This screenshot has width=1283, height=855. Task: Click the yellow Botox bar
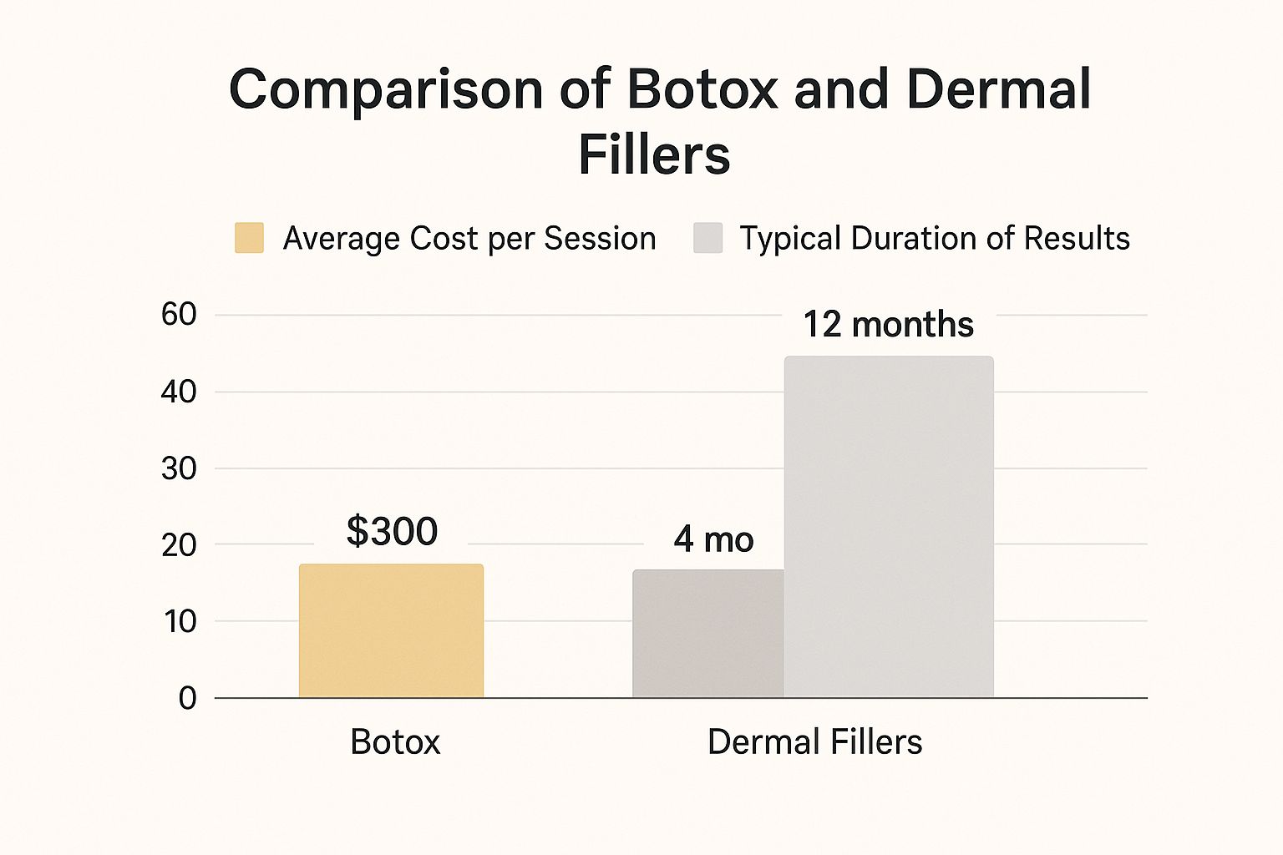pos(391,630)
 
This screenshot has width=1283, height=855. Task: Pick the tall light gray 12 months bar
pos(889,526)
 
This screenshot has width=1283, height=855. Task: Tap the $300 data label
pos(392,531)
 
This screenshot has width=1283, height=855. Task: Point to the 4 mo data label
pos(713,539)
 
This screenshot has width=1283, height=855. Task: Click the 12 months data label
pos(888,324)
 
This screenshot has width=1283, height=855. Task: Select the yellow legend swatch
pos(249,238)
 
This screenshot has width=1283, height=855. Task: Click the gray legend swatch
pos(707,238)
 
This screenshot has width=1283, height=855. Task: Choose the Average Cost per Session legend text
pos(469,239)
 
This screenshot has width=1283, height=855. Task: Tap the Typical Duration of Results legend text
pos(935,239)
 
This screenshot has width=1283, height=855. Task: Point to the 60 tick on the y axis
pos(179,315)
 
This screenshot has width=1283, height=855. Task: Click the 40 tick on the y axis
pos(179,392)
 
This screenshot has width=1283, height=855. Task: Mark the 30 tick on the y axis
pos(179,468)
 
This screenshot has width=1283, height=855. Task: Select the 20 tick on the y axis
pos(179,544)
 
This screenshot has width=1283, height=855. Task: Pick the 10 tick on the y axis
pos(180,621)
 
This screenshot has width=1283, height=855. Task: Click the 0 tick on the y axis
pos(187,698)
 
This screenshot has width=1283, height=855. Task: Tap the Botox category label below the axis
pos(395,741)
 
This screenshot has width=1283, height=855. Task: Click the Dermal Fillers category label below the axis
pos(814,741)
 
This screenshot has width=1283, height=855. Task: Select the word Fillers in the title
pos(654,154)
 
